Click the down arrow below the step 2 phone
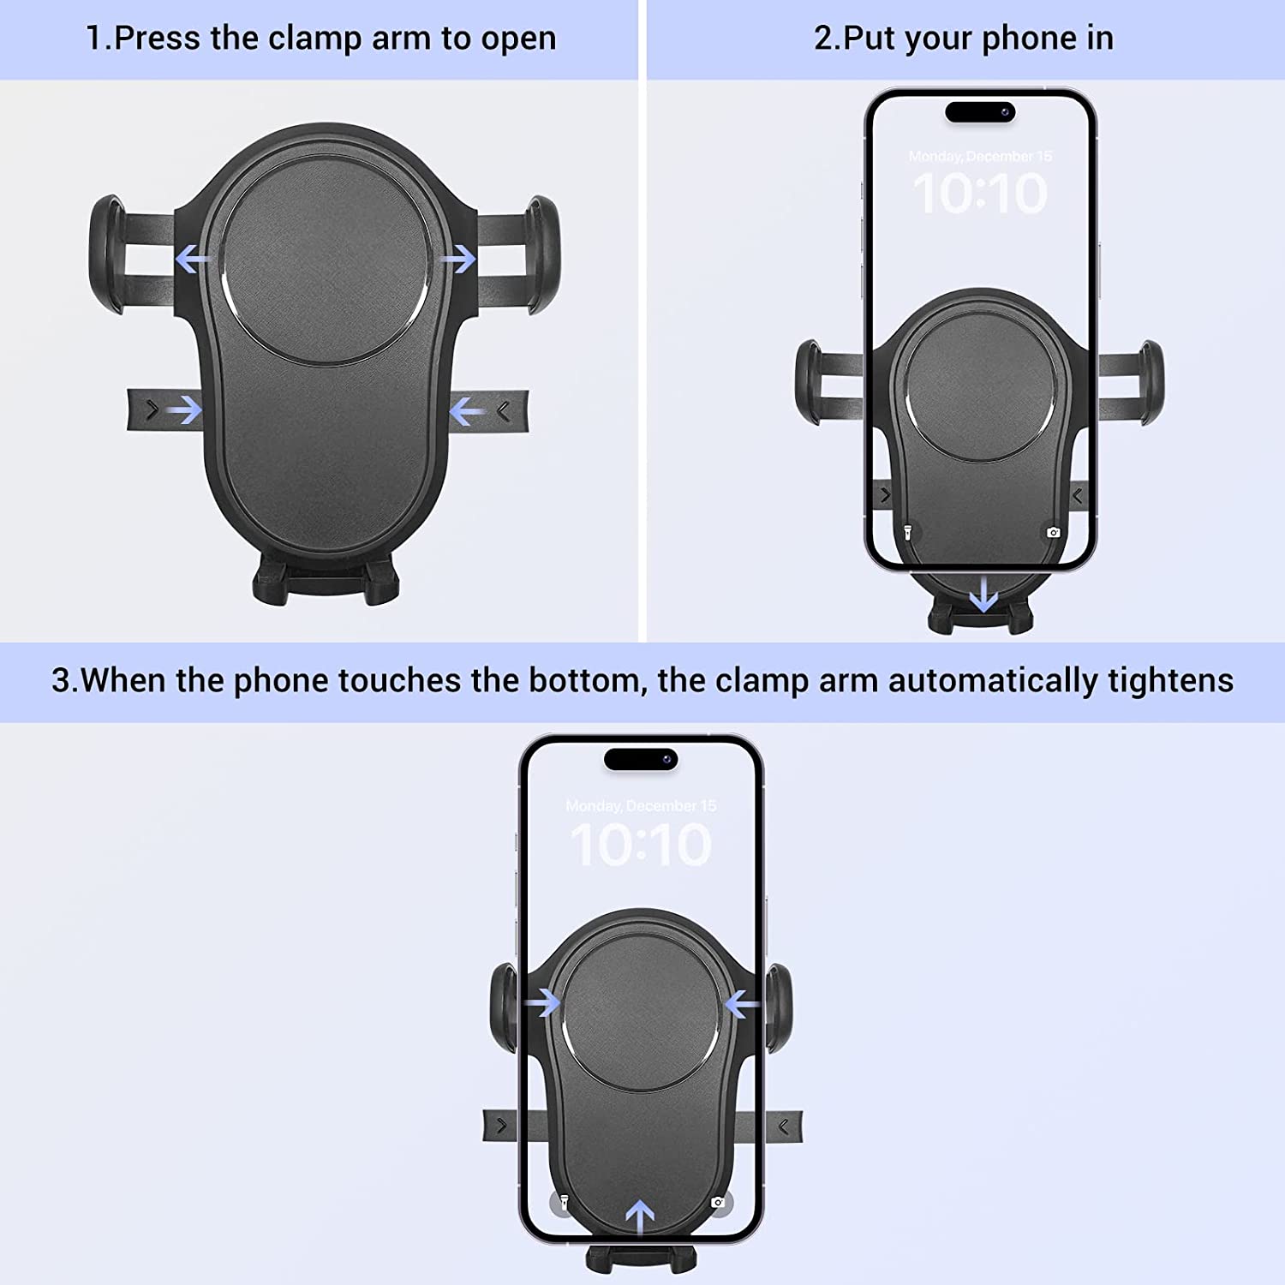[x=983, y=594]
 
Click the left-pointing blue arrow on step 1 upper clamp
[x=194, y=258]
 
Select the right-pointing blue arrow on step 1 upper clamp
[x=459, y=258]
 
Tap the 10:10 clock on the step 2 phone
[x=979, y=194]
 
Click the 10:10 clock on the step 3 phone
[x=641, y=845]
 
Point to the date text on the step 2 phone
[x=979, y=156]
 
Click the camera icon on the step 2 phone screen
[x=1053, y=533]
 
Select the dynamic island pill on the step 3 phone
[x=641, y=759]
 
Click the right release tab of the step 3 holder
[x=784, y=1126]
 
